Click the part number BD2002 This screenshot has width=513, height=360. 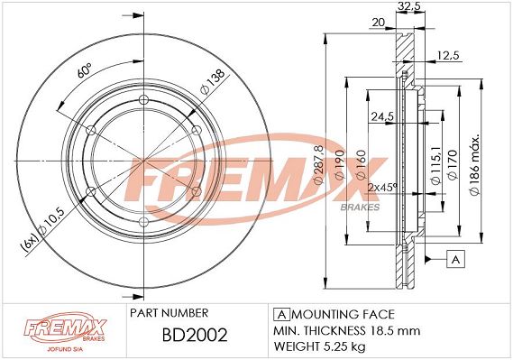click(x=195, y=335)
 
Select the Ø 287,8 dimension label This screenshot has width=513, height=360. click(x=318, y=164)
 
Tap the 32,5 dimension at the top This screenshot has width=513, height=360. click(x=409, y=6)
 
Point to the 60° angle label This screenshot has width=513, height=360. click(x=84, y=70)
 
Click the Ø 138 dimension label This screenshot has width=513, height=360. click(x=213, y=81)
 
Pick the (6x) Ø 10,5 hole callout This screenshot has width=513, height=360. click(x=44, y=229)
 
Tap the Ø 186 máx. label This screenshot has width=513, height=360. click(x=475, y=164)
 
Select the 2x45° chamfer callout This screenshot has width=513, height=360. click(x=383, y=188)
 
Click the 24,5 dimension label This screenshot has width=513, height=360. click(x=382, y=116)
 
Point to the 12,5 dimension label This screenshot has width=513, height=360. click(x=449, y=55)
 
